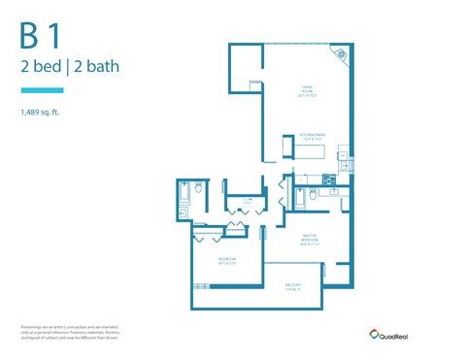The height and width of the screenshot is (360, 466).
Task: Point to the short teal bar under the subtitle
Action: (x=42, y=90)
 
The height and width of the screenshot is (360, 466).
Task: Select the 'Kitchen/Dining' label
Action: (x=313, y=137)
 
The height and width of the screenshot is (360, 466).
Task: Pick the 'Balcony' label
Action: (x=292, y=286)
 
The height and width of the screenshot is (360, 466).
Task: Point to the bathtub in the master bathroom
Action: (x=299, y=199)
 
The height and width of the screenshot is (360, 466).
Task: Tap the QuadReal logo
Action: (x=390, y=333)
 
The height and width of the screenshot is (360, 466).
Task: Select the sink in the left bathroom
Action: (x=183, y=211)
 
